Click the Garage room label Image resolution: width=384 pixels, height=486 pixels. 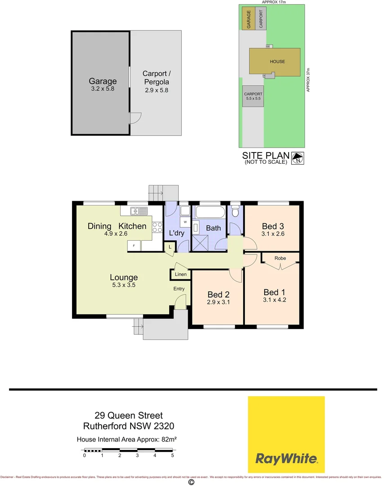point(103,81)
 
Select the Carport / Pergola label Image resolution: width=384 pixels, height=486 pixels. point(156,77)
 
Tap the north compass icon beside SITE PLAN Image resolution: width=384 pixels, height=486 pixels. point(298,157)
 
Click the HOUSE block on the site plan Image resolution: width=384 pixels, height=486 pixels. point(277,62)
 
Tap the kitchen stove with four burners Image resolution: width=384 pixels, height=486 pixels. point(158,227)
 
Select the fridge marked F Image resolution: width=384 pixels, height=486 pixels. point(134,245)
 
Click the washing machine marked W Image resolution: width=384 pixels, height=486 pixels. point(185,222)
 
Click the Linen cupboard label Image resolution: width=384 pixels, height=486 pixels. point(181,274)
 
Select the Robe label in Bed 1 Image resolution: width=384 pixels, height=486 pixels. point(280,258)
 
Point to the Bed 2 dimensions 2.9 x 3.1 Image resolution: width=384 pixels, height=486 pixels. point(219,302)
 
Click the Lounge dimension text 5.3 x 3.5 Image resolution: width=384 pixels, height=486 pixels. point(124,285)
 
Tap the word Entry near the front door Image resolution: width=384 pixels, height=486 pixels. point(180,289)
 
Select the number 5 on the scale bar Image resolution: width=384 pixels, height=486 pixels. point(172,455)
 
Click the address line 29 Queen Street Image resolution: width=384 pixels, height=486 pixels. point(129,416)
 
